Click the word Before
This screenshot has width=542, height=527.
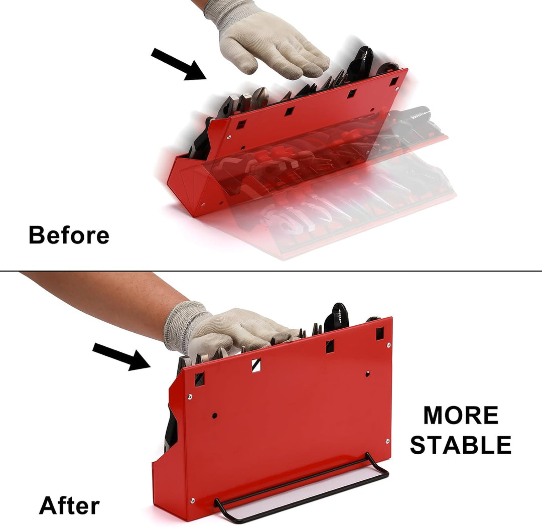[69, 235]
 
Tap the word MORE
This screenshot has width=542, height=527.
[461, 415]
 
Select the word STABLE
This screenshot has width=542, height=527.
[461, 445]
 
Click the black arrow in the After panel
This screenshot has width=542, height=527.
[121, 357]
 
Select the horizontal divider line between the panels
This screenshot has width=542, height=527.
[271, 271]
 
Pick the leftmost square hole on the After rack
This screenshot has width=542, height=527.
[199, 379]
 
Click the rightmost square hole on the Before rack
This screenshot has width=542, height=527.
[394, 82]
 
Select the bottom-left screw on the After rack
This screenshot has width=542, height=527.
[192, 500]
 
